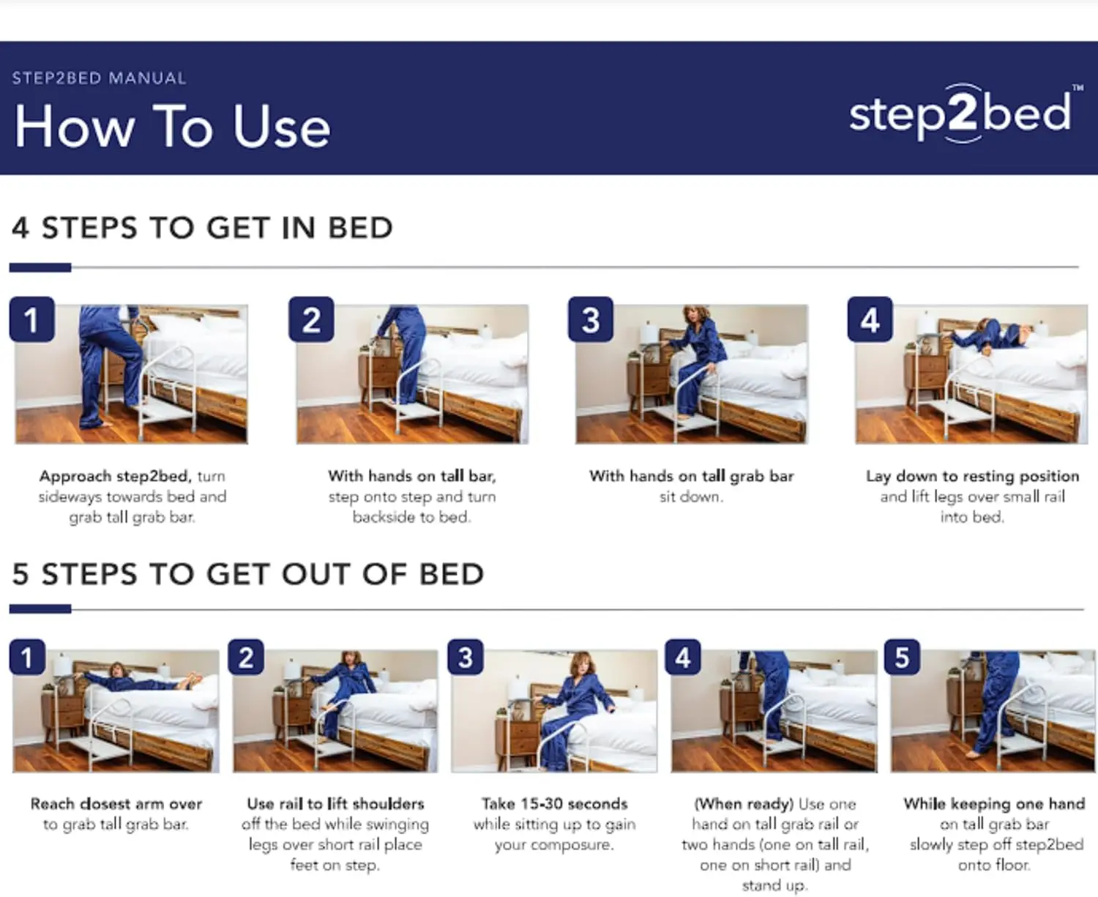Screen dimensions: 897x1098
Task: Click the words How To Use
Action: pyautogui.click(x=173, y=127)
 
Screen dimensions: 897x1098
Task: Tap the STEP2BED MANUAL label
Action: pyautogui.click(x=99, y=78)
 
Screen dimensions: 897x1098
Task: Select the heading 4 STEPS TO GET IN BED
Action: pyautogui.click(x=202, y=228)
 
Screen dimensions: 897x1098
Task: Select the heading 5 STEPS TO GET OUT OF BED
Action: pyautogui.click(x=247, y=574)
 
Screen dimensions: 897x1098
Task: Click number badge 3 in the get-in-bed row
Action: pyautogui.click(x=591, y=320)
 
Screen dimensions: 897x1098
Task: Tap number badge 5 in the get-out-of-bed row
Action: pyautogui.click(x=902, y=657)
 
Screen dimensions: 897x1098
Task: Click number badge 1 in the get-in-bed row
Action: pyautogui.click(x=31, y=320)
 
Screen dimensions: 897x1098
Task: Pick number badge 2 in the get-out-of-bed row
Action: pyautogui.click(x=246, y=657)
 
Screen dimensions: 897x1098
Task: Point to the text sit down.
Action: pyautogui.click(x=691, y=496)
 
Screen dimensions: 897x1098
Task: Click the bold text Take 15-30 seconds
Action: pyautogui.click(x=554, y=803)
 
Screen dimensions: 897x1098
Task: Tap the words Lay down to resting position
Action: pyautogui.click(x=972, y=476)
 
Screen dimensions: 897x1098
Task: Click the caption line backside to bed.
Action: pyautogui.click(x=411, y=517)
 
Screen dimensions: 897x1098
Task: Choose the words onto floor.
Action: pyautogui.click(x=993, y=865)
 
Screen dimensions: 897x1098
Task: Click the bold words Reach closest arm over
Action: pyautogui.click(x=116, y=803)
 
